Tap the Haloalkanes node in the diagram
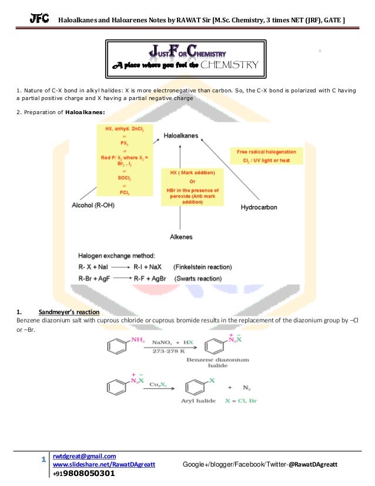pos(180,135)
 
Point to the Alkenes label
pos(181,237)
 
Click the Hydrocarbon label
pos(259,208)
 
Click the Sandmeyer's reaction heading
pos(66,311)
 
